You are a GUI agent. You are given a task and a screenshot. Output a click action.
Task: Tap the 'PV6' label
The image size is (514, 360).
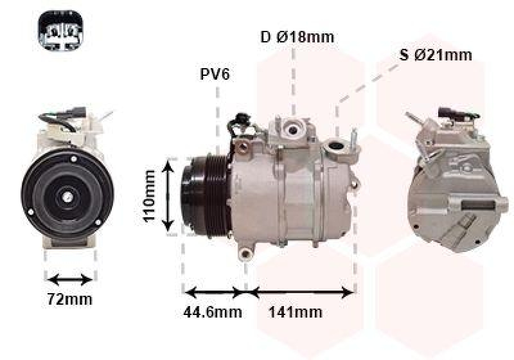(x=215, y=75)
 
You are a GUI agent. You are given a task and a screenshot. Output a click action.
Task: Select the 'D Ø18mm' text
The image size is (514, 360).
(x=297, y=37)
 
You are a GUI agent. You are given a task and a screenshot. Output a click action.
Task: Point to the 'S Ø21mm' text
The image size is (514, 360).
(x=436, y=55)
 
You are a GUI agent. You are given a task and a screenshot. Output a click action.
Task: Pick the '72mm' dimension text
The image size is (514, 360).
(x=71, y=299)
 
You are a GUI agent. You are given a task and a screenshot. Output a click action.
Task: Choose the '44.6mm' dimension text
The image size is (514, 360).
(x=214, y=312)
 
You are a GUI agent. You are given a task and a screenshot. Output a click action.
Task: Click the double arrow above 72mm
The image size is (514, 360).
(x=71, y=280)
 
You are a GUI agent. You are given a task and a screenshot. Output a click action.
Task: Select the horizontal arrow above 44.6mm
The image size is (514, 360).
(x=214, y=292)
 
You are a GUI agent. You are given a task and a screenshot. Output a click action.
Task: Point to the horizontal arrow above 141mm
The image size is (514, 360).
(x=301, y=292)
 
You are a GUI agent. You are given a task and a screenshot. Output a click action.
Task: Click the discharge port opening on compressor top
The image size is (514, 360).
(x=294, y=129)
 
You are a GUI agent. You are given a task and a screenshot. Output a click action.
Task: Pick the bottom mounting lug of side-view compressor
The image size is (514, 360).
(x=245, y=254)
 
